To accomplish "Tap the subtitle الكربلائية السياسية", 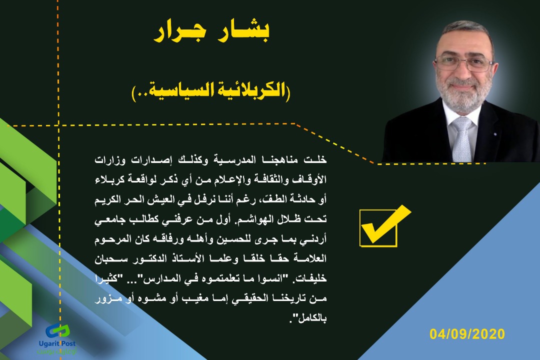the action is coord(211,91).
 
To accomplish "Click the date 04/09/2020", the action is coord(467,334).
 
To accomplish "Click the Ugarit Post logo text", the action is coord(57,343).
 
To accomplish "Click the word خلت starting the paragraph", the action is coord(315,160).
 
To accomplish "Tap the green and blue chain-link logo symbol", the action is coord(58,331).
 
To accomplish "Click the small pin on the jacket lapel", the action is coord(494,133).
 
